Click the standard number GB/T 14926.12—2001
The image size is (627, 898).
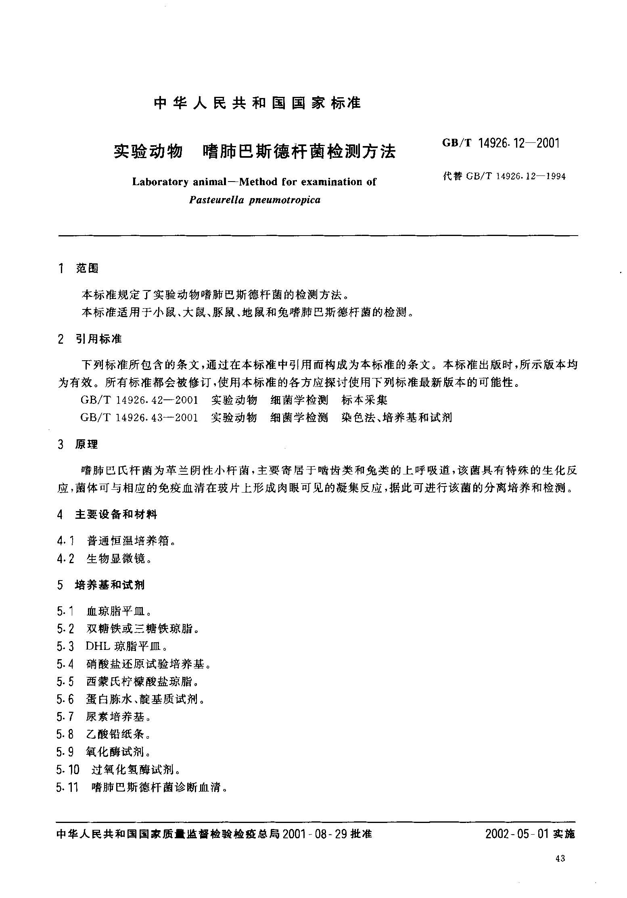coord(501,143)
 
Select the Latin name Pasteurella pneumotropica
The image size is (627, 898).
coord(255,200)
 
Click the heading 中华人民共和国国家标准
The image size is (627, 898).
coord(257,103)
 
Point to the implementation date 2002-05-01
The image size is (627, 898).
coord(518,833)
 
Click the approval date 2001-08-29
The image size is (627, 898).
coord(315,833)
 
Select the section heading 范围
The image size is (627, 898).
coord(87,268)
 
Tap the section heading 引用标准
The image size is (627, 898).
coord(99,339)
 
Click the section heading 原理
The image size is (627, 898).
coord(87,445)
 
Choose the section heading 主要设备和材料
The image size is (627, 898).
coord(116,514)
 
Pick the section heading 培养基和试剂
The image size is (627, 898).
coord(110,585)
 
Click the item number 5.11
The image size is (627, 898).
coord(67,787)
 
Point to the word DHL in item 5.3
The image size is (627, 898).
coord(98,646)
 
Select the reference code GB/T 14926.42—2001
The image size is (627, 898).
coord(139,400)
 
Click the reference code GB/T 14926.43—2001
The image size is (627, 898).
coord(139,417)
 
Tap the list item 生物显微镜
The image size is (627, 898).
coord(117,559)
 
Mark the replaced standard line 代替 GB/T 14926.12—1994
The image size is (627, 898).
coord(504,176)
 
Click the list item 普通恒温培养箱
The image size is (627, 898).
coord(128,540)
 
